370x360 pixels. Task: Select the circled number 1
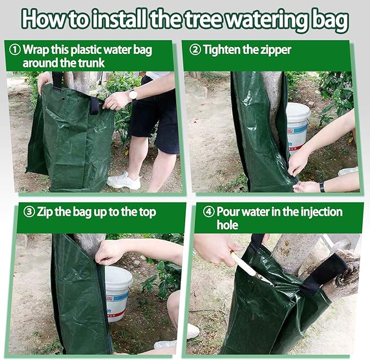coord(15,50)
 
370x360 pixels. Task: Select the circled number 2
coord(195,50)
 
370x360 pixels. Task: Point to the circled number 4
coord(209,212)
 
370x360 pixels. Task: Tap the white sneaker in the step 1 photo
coord(124,180)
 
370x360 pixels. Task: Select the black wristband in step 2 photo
coord(322,186)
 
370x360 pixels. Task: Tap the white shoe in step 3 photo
coord(192,331)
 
